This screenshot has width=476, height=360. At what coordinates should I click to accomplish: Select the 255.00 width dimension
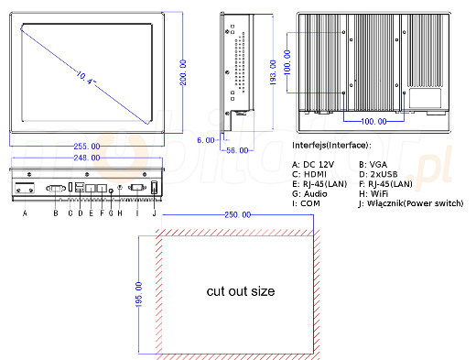(x=88, y=147)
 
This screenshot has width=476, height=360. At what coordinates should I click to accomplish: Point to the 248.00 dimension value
(x=88, y=157)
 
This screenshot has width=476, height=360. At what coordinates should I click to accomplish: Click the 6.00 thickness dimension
(x=206, y=139)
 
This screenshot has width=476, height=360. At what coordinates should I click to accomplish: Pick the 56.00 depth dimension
(x=238, y=150)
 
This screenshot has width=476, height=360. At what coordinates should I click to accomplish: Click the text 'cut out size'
(x=240, y=291)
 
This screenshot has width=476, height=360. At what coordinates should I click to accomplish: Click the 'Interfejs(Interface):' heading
(x=331, y=146)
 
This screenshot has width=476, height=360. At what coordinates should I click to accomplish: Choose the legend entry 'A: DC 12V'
(x=314, y=162)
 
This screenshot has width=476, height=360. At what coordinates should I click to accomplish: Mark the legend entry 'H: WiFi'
(x=375, y=194)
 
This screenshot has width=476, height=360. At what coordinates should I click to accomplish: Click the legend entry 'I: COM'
(x=308, y=204)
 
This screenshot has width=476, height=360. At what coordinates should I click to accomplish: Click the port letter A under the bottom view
(x=25, y=213)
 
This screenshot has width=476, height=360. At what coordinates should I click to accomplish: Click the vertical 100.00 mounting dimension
(x=288, y=69)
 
